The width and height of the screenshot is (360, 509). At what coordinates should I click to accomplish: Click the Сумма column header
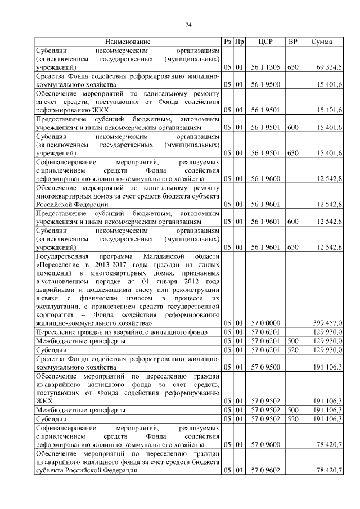[x=322, y=42]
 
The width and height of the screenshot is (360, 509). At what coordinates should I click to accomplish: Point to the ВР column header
[x=292, y=42]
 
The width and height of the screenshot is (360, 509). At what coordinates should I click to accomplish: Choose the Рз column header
[x=227, y=42]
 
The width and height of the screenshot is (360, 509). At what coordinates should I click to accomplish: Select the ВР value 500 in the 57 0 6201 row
[x=292, y=340]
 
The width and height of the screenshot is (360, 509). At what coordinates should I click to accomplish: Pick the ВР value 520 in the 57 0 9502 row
[x=292, y=418]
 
